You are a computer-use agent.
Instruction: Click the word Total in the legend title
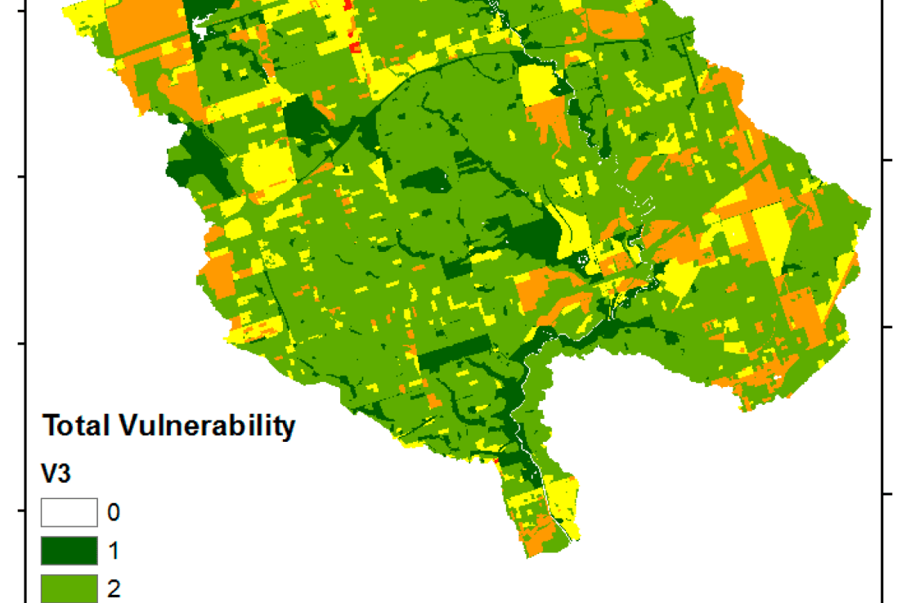[76, 426]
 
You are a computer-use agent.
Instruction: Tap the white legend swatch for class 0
[70, 513]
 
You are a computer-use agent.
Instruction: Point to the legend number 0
[114, 513]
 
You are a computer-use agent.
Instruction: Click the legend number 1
[114, 551]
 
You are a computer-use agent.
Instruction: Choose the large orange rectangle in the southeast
[805, 315]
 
